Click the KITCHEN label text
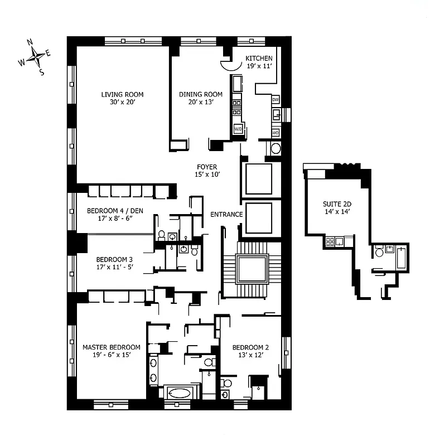(x=259, y=58)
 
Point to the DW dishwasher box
(x=276, y=99)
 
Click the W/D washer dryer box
(x=238, y=129)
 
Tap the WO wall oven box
(x=276, y=133)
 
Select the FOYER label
(x=207, y=167)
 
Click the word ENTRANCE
(x=226, y=214)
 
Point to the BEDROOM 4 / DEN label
(x=113, y=211)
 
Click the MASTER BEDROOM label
(x=111, y=347)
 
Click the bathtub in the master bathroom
(x=179, y=392)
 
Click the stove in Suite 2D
(x=330, y=241)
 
